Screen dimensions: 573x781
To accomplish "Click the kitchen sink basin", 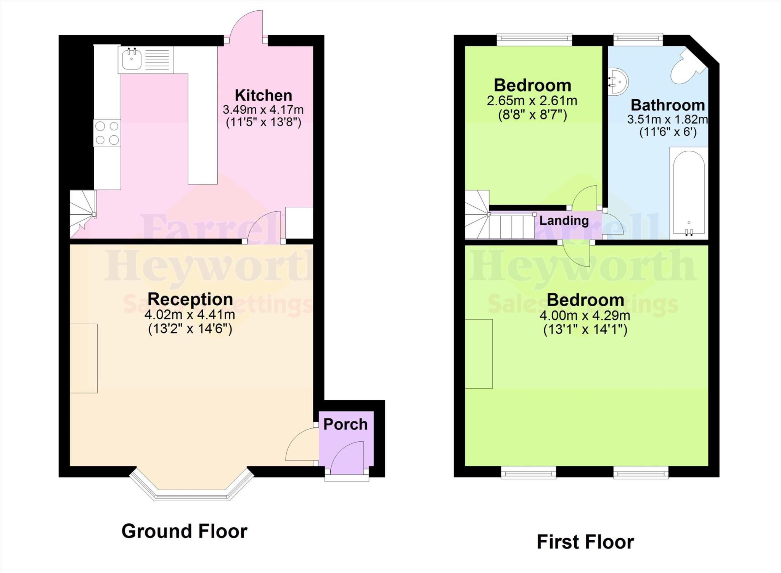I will point(132,60).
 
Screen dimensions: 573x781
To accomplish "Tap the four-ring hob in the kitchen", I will point(107,133).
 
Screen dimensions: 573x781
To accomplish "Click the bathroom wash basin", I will point(617,82).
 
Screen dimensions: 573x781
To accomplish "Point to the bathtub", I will point(689,193).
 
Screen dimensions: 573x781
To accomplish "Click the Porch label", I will point(346,424).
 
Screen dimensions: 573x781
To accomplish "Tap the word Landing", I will point(564,221).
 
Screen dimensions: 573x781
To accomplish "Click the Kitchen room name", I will point(263,95).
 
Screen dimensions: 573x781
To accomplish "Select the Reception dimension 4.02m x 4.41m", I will point(190,315).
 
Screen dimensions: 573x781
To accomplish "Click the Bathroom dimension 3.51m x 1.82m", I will point(667,119).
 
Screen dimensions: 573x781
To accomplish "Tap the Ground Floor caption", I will point(184,531).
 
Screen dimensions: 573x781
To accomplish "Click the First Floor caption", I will point(585,541).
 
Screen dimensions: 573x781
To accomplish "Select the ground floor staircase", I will point(82,214).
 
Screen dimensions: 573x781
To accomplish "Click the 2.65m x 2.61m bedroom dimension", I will point(532,101).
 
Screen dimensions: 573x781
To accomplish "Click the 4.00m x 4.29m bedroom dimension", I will point(585,316).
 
